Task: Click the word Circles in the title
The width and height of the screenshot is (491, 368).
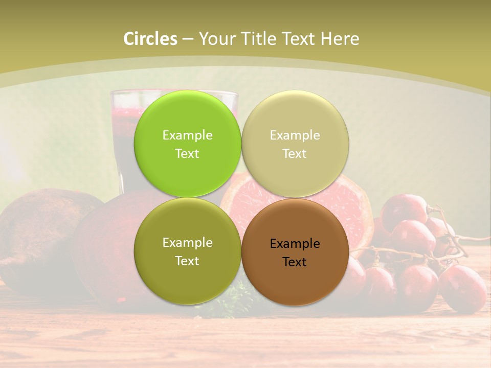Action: [150, 39]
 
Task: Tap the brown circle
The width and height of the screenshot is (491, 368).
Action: [295, 279]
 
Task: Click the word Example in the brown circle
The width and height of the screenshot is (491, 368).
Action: [295, 244]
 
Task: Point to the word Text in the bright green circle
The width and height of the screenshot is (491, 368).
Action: [187, 154]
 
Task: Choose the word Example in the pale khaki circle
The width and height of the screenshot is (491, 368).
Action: [295, 135]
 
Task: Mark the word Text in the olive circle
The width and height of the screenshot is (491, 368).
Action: [187, 261]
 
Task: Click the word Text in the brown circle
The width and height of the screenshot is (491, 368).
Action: [295, 262]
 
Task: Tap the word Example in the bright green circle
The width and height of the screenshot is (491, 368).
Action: [187, 135]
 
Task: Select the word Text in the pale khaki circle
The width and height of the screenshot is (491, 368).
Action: [295, 154]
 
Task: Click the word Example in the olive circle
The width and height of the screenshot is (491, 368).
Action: [187, 243]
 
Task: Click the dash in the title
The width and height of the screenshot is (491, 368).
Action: [188, 39]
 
